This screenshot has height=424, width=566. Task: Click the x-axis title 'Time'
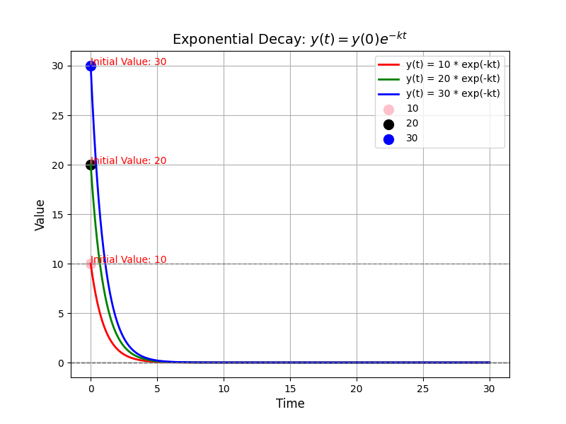[290, 404]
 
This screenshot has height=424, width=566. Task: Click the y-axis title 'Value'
[40, 214]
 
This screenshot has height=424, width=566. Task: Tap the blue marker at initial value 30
[91, 66]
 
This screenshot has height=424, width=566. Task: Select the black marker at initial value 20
[91, 165]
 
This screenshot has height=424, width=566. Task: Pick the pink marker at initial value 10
[91, 264]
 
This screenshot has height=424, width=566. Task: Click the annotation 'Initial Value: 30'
[129, 62]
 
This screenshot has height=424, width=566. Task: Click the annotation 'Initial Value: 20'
[129, 161]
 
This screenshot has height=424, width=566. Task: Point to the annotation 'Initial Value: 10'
[129, 260]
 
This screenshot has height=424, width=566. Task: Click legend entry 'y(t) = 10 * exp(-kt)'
[453, 64]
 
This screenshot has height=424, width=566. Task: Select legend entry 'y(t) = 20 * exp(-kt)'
[453, 79]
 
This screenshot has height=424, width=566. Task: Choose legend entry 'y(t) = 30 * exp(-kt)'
[453, 93]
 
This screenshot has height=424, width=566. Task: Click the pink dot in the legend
[388, 110]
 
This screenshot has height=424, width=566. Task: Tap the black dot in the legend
[388, 124]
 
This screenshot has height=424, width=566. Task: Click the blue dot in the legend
[388, 139]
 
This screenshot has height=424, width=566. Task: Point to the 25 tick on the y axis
[57, 115]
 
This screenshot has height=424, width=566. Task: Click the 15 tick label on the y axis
[57, 214]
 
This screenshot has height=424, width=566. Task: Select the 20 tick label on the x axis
[357, 389]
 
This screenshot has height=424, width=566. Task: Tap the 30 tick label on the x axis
[490, 389]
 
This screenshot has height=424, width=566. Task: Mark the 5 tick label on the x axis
[157, 389]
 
